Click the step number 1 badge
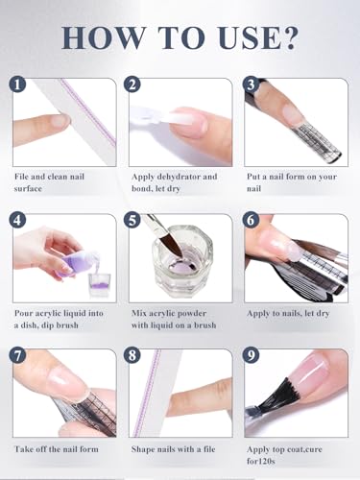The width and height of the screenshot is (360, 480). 17,85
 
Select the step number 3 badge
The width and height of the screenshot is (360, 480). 252,85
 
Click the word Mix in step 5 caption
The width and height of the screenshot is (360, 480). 139,312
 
